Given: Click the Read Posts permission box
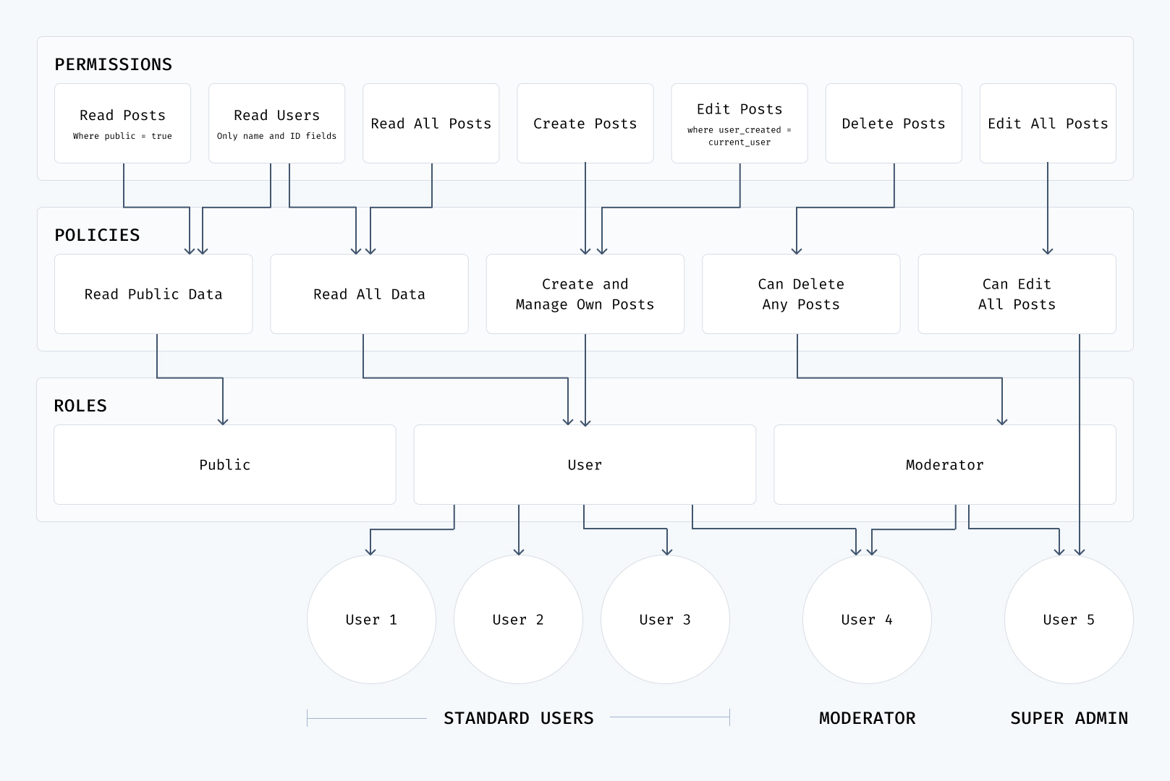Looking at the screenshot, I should [x=122, y=123].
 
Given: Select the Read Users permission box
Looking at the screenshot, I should [x=276, y=123].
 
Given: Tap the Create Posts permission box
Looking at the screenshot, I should [x=585, y=123].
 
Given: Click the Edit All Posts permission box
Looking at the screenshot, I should [x=1047, y=123].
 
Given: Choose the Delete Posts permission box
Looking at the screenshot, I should [x=893, y=123].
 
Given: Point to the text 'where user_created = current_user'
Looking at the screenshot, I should [x=739, y=136].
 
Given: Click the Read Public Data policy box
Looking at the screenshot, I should [x=153, y=294].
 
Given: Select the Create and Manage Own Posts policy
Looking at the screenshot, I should [x=585, y=294].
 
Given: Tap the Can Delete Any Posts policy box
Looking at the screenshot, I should [x=800, y=294].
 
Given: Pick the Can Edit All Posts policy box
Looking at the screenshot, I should [x=1016, y=294].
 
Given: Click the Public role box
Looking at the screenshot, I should [x=224, y=464].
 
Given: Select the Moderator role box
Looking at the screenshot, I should [x=944, y=464].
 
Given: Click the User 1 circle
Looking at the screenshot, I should [x=371, y=619].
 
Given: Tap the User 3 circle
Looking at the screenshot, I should [x=665, y=619].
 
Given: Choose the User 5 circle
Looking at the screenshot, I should [x=1068, y=619].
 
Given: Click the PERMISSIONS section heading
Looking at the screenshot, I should [x=114, y=64].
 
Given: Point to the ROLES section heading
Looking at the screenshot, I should [x=80, y=406].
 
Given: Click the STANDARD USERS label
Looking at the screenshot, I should [x=518, y=718].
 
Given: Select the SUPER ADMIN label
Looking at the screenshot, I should [x=1069, y=718].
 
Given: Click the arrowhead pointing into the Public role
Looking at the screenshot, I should [x=223, y=421].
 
